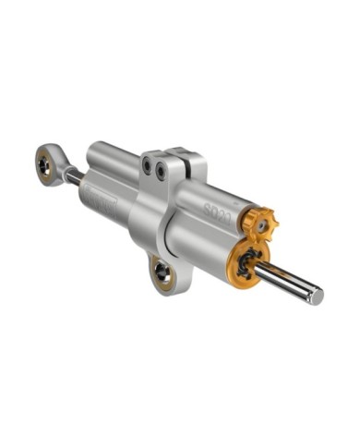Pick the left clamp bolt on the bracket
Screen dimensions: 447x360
point(146,165)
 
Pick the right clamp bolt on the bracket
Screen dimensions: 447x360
point(161,171)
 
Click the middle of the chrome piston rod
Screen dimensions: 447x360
point(286,281)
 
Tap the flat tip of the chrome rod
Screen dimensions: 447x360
point(317,296)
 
